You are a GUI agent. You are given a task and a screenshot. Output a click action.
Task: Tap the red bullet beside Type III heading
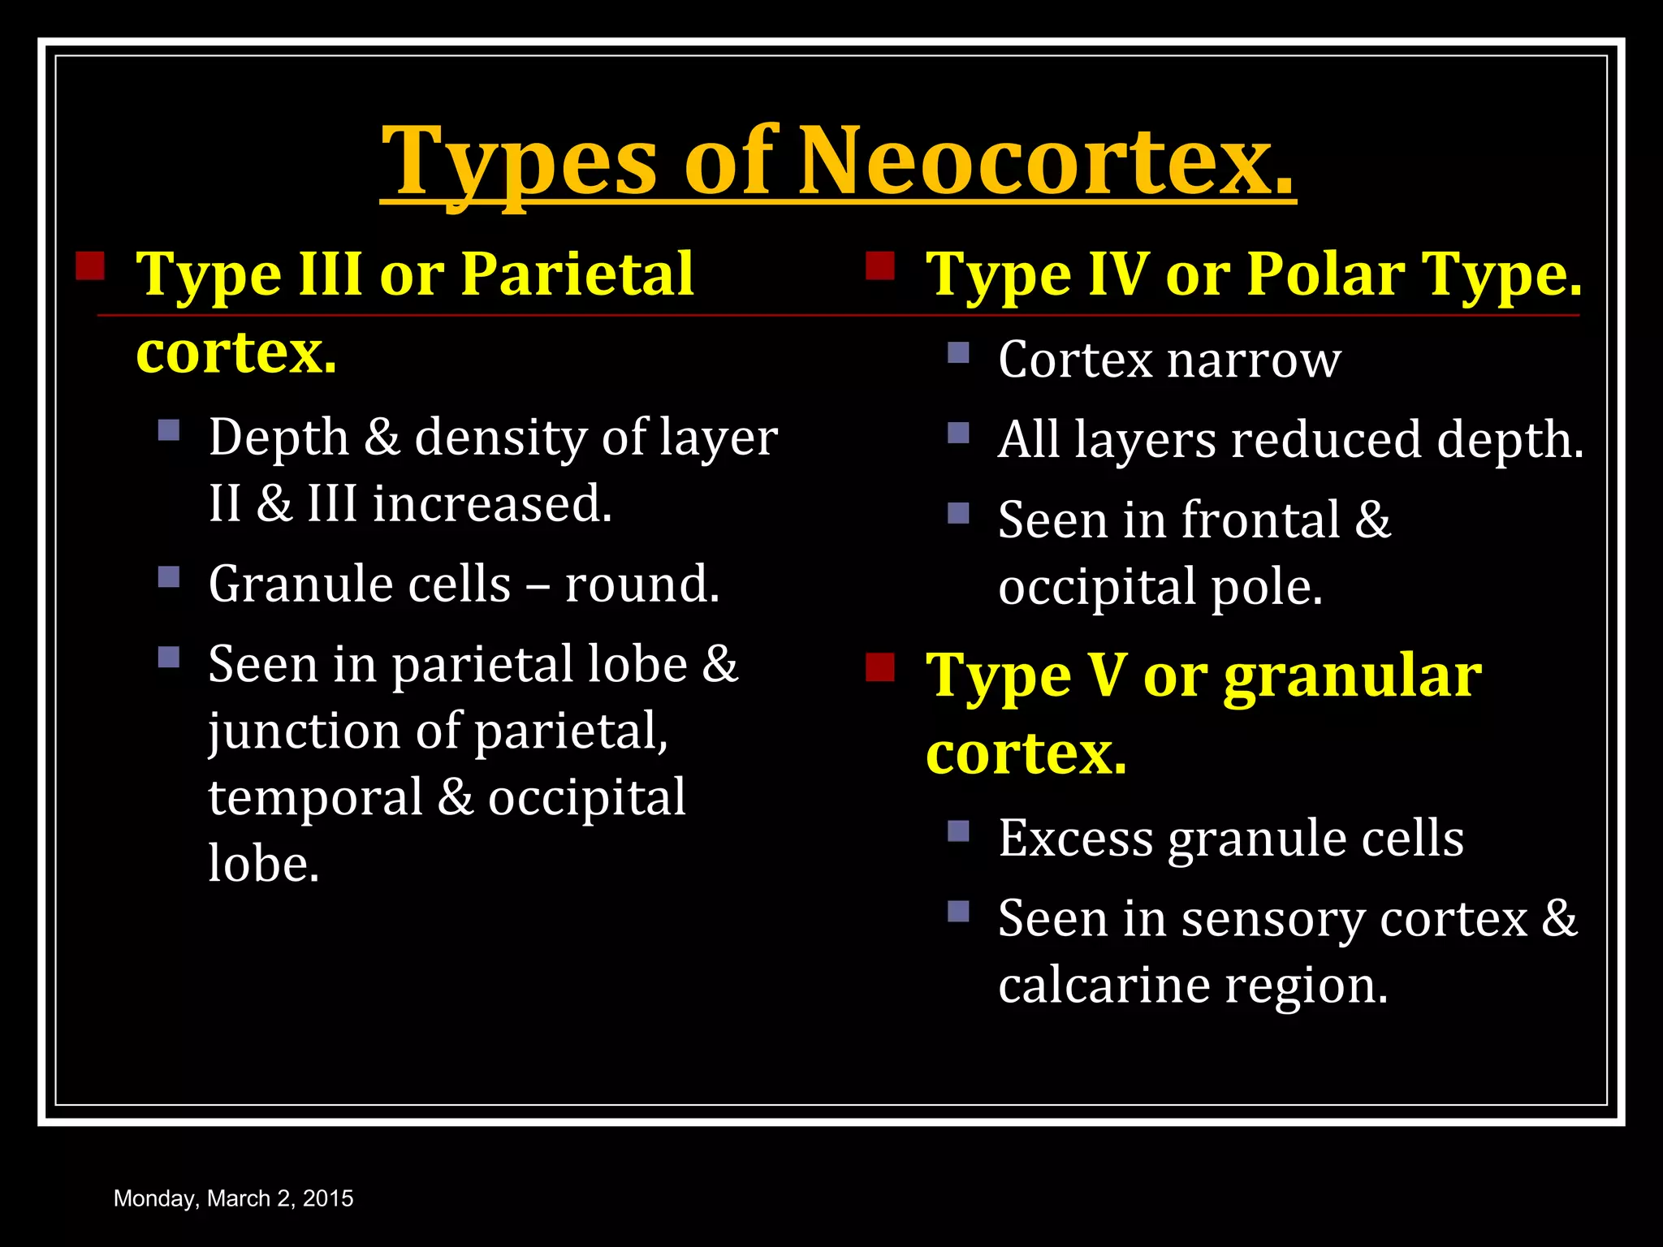tap(90, 265)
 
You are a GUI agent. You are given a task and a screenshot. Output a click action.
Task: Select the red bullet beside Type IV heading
tap(880, 265)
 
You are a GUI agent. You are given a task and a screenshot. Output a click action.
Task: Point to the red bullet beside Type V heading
tap(880, 667)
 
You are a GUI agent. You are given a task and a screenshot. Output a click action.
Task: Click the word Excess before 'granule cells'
tap(1075, 838)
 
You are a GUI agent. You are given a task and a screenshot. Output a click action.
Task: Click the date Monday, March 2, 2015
tap(234, 1198)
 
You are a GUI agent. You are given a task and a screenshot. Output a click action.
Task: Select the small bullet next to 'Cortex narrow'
tap(959, 352)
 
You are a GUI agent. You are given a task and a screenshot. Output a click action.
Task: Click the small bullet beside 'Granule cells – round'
tap(169, 577)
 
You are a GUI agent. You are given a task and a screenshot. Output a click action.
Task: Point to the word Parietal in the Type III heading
tap(577, 274)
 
